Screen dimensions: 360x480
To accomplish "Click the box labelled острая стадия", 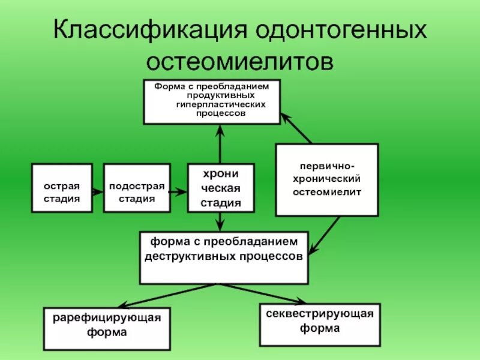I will pyautogui.click(x=62, y=188).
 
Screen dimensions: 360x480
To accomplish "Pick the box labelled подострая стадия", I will pyautogui.click(x=137, y=188).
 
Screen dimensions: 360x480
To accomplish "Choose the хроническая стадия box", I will pyautogui.click(x=220, y=188).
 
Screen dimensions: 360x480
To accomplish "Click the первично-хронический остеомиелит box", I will pyautogui.click(x=327, y=179).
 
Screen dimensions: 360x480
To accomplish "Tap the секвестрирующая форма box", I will pyautogui.click(x=320, y=325).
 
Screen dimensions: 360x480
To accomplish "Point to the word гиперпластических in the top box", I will pyautogui.click(x=212, y=105).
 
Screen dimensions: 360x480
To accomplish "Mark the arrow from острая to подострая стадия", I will pyautogui.click(x=98, y=190).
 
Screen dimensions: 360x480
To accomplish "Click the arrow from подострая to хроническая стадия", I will pyautogui.click(x=179, y=192).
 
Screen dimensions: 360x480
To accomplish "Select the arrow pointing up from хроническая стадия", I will pyautogui.click(x=220, y=144).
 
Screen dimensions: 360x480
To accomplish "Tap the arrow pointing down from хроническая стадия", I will pyautogui.click(x=220, y=221).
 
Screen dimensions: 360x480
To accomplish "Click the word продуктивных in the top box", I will pyautogui.click(x=212, y=96).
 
